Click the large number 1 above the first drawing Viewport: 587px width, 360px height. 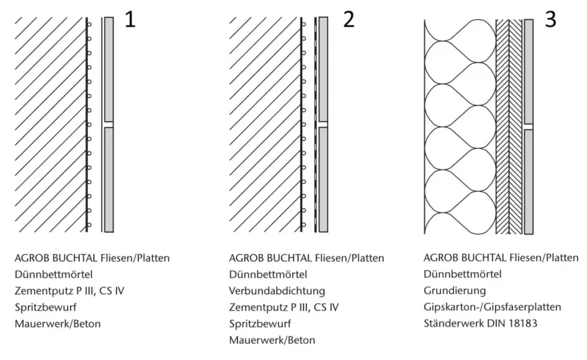(130, 19)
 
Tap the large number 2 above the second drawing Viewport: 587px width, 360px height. (348, 19)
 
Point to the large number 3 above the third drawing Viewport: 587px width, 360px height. (550, 19)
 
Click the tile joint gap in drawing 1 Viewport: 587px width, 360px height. (109, 124)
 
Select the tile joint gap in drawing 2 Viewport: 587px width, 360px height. (323, 124)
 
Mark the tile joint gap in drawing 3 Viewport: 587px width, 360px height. (528, 127)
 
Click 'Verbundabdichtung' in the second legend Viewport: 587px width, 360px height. (277, 291)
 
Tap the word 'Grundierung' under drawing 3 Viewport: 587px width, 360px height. (455, 291)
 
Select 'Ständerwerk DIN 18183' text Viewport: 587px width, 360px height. (480, 323)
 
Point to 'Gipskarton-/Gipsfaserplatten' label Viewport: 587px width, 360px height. (492, 307)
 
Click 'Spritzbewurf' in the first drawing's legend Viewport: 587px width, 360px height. (45, 307)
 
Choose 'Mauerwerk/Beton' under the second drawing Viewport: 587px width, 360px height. (272, 340)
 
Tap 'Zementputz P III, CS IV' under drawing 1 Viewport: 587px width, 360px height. (69, 291)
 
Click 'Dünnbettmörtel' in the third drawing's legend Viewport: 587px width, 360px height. (463, 274)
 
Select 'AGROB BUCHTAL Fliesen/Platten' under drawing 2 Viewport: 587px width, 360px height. (307, 258)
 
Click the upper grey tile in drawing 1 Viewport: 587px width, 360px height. (109, 69)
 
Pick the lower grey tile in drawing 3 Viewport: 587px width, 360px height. (528, 182)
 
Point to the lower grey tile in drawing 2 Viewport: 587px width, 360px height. (323, 179)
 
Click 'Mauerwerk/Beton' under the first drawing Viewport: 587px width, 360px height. (58, 324)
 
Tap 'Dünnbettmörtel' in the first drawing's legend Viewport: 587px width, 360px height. (54, 274)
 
